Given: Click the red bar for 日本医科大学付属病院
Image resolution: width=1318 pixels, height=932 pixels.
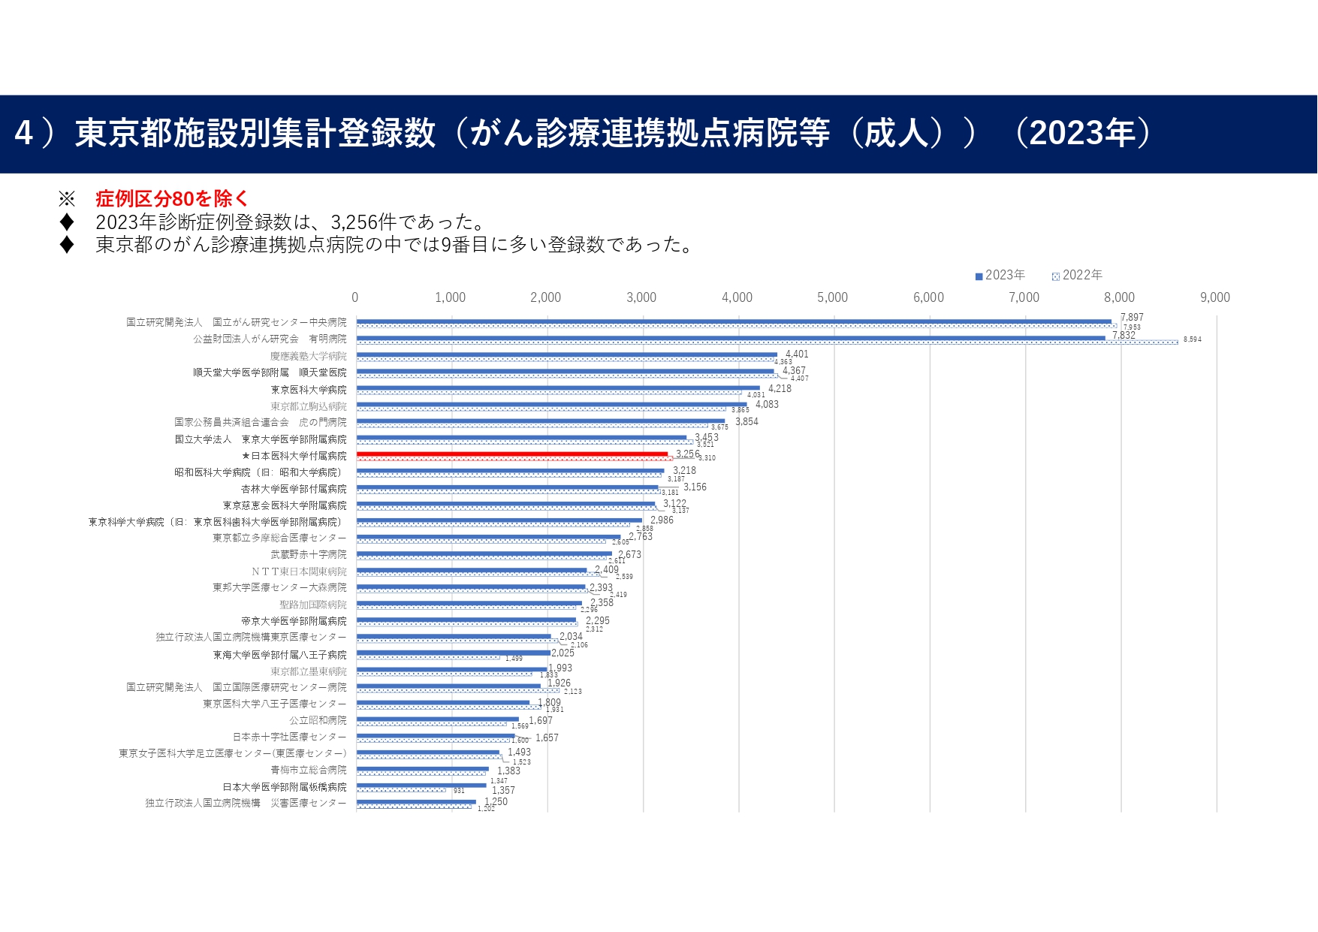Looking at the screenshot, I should tap(512, 454).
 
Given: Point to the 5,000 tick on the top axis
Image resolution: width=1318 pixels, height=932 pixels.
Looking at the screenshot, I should tap(832, 297).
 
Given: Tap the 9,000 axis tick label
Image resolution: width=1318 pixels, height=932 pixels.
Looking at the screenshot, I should tap(1214, 297).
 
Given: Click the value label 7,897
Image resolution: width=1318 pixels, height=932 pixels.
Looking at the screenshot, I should tap(1131, 317).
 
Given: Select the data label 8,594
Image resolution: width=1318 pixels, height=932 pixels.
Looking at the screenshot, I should tap(1192, 339).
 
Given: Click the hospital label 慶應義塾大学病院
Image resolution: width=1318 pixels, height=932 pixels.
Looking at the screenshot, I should tap(309, 356).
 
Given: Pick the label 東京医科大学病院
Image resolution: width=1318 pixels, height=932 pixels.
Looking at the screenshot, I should tap(309, 390).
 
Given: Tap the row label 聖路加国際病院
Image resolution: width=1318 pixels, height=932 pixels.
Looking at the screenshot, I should tap(313, 605).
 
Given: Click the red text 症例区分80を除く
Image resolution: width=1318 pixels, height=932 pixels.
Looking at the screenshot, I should tap(171, 199).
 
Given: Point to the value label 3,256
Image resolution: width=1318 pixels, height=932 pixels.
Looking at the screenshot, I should tap(687, 454).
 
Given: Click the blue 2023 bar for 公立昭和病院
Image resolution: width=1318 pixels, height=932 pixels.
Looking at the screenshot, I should tap(437, 719).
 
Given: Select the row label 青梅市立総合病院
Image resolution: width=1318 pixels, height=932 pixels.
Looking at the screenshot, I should tap(309, 770).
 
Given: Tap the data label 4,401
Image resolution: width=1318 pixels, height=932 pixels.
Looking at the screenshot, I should tap(797, 354).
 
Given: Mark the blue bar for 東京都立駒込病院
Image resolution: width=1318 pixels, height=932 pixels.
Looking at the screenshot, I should tap(551, 404).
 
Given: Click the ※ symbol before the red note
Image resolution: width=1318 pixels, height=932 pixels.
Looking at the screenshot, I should tap(67, 199).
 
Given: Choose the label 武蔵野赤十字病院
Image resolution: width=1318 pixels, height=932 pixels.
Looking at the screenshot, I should tap(309, 554).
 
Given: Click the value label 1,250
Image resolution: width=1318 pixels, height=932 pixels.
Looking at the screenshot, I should tap(496, 801).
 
